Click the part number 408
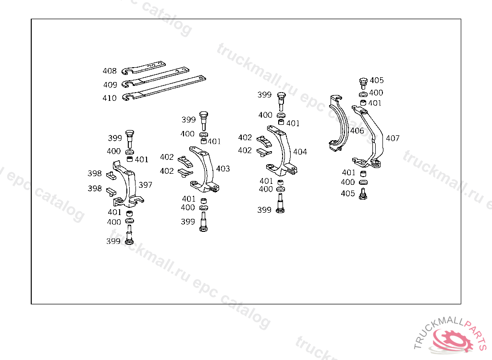(x=110, y=71)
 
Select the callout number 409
(x=110, y=84)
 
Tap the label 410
(x=110, y=98)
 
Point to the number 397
(x=145, y=185)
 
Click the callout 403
(x=223, y=168)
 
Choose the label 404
(x=300, y=152)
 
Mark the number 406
(x=357, y=131)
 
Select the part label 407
(x=393, y=138)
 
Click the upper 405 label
(x=377, y=80)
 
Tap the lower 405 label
(x=348, y=193)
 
